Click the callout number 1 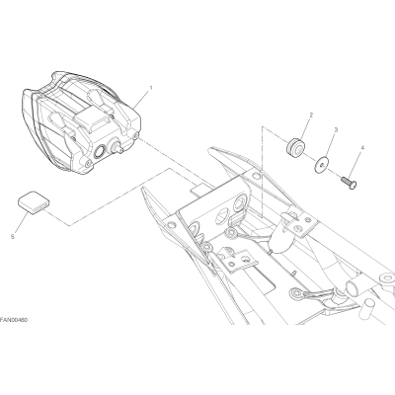[x=151, y=79]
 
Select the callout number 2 [x=311, y=115]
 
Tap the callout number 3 [x=336, y=130]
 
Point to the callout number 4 [x=362, y=148]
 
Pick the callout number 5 [x=13, y=236]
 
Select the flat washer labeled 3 [x=322, y=163]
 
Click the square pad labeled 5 [x=33, y=202]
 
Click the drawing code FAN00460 [x=14, y=320]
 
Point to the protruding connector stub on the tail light [x=118, y=146]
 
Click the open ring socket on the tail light [x=99, y=152]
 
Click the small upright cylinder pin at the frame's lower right [x=369, y=309]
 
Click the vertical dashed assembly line [x=262, y=170]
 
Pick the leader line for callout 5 [x=21, y=223]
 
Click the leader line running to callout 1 [x=141, y=96]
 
